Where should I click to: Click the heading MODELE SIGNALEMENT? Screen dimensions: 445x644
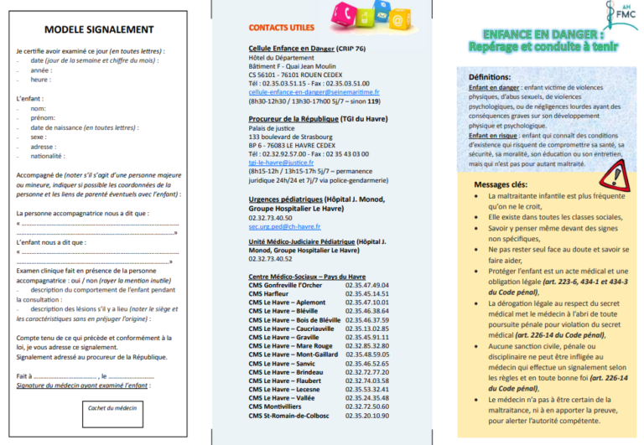[x=99, y=29]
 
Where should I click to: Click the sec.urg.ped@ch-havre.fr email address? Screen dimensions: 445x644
[x=284, y=226]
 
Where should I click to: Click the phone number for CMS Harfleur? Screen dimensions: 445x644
[x=366, y=294]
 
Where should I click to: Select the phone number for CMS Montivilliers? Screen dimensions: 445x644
[x=366, y=406]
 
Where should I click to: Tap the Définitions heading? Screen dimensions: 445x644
[x=491, y=77]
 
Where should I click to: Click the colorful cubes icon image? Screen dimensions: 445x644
[x=364, y=14]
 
